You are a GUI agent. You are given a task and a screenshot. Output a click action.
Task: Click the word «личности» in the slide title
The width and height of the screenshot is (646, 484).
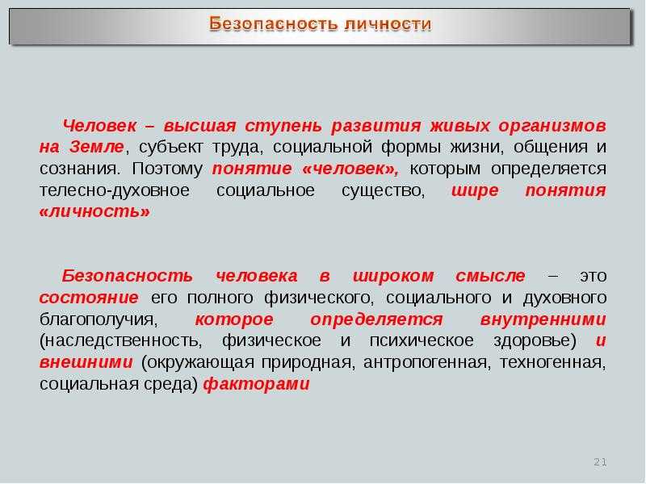click(x=388, y=24)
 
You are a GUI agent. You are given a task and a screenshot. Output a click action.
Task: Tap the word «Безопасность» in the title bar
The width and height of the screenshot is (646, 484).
click(x=273, y=24)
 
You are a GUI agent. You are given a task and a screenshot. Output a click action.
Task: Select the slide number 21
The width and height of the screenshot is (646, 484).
click(x=600, y=461)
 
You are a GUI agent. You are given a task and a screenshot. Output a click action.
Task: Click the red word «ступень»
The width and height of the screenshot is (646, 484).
click(x=283, y=126)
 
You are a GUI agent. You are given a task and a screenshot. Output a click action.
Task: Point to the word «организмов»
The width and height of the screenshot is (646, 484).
click(x=552, y=126)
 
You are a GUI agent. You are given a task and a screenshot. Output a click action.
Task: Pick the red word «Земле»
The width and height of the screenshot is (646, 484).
click(x=96, y=147)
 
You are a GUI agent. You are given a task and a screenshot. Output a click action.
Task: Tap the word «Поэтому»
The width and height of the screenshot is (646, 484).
click(x=167, y=169)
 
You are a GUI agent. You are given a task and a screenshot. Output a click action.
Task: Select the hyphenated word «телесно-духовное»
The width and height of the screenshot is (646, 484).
click(x=115, y=190)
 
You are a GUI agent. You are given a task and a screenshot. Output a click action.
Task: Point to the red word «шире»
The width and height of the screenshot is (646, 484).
click(x=475, y=190)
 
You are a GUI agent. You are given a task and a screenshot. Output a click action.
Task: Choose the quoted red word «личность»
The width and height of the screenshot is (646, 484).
click(x=94, y=212)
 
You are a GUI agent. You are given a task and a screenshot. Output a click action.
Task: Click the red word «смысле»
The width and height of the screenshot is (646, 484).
click(x=490, y=276)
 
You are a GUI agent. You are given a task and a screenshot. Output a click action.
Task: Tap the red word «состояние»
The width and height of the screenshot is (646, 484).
click(x=89, y=297)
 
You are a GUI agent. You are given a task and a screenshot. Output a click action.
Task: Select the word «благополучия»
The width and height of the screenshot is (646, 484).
click(x=97, y=319)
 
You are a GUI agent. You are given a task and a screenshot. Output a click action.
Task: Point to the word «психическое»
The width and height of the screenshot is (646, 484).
click(x=422, y=340)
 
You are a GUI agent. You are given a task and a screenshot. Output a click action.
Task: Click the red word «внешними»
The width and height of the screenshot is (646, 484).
click(x=86, y=362)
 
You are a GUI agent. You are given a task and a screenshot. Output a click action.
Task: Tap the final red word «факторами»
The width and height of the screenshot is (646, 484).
click(x=256, y=384)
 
